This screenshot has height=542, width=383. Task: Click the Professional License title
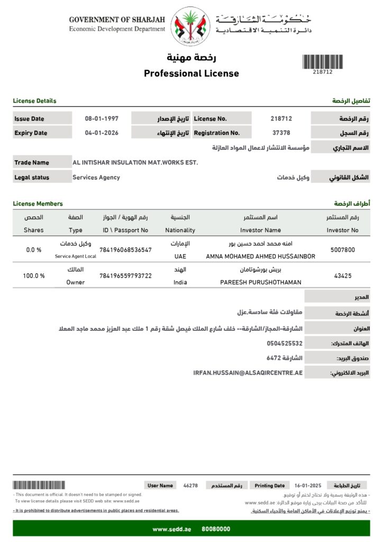pos(191,74)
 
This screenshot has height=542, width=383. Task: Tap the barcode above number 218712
pos(322,61)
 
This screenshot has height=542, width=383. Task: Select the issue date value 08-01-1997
pos(102,119)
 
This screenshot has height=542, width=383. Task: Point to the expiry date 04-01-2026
pos(102,133)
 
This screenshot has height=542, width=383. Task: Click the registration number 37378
pos(281,133)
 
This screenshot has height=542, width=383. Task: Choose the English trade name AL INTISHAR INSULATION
pos(135,162)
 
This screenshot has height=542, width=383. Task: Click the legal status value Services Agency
pos(96,177)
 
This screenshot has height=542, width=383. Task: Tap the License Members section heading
pos(38,204)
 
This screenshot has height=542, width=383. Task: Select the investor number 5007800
pos(342,249)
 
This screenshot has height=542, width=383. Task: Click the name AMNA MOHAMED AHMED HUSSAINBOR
pos(260,256)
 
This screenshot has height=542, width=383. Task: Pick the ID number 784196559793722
pos(125,276)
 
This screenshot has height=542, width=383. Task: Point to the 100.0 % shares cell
pos(34,276)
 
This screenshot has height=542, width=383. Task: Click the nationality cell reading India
pos(180,283)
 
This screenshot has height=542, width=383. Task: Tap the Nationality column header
pos(180,230)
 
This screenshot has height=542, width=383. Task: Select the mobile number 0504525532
pos(285,344)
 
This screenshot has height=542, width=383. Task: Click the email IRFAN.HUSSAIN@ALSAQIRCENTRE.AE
pos(248,373)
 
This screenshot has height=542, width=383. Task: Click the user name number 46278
pos(190,485)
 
